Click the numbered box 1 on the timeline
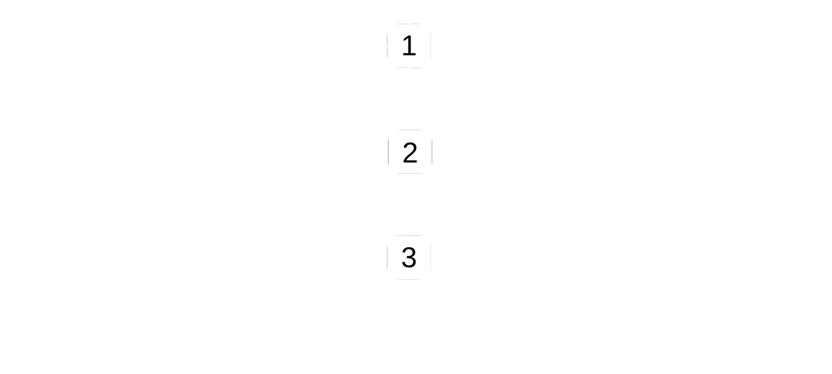tap(409, 46)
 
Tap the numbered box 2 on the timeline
tap(410, 153)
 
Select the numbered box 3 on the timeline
tap(409, 257)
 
